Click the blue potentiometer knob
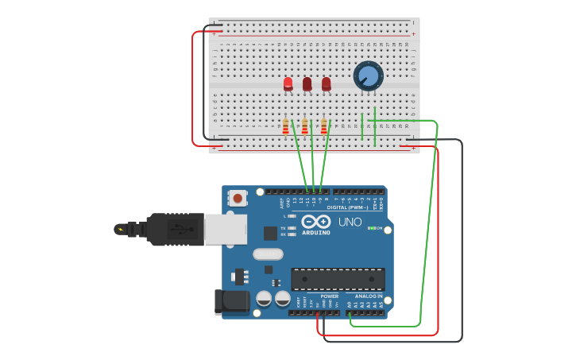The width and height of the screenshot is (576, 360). (369, 76)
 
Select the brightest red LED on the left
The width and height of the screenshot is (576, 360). (288, 83)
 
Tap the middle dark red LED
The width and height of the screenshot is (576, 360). (307, 83)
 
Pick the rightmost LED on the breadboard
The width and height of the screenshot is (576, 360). (326, 83)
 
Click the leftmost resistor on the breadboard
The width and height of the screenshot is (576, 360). (286, 126)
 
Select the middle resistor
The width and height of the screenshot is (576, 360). (305, 126)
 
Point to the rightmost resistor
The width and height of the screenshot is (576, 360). (324, 126)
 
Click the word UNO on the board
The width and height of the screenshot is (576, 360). (350, 222)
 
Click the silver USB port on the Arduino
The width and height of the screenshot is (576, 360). (226, 229)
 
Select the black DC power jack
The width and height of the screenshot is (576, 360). (231, 302)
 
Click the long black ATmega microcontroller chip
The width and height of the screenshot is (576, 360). (338, 279)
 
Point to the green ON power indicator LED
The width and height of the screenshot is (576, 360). (371, 229)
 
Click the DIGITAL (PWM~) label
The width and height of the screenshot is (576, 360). (347, 207)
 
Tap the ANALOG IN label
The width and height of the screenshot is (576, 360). (368, 296)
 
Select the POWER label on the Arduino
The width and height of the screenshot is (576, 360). (329, 296)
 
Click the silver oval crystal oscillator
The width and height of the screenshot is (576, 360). (268, 254)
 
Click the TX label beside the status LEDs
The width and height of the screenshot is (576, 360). (284, 228)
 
